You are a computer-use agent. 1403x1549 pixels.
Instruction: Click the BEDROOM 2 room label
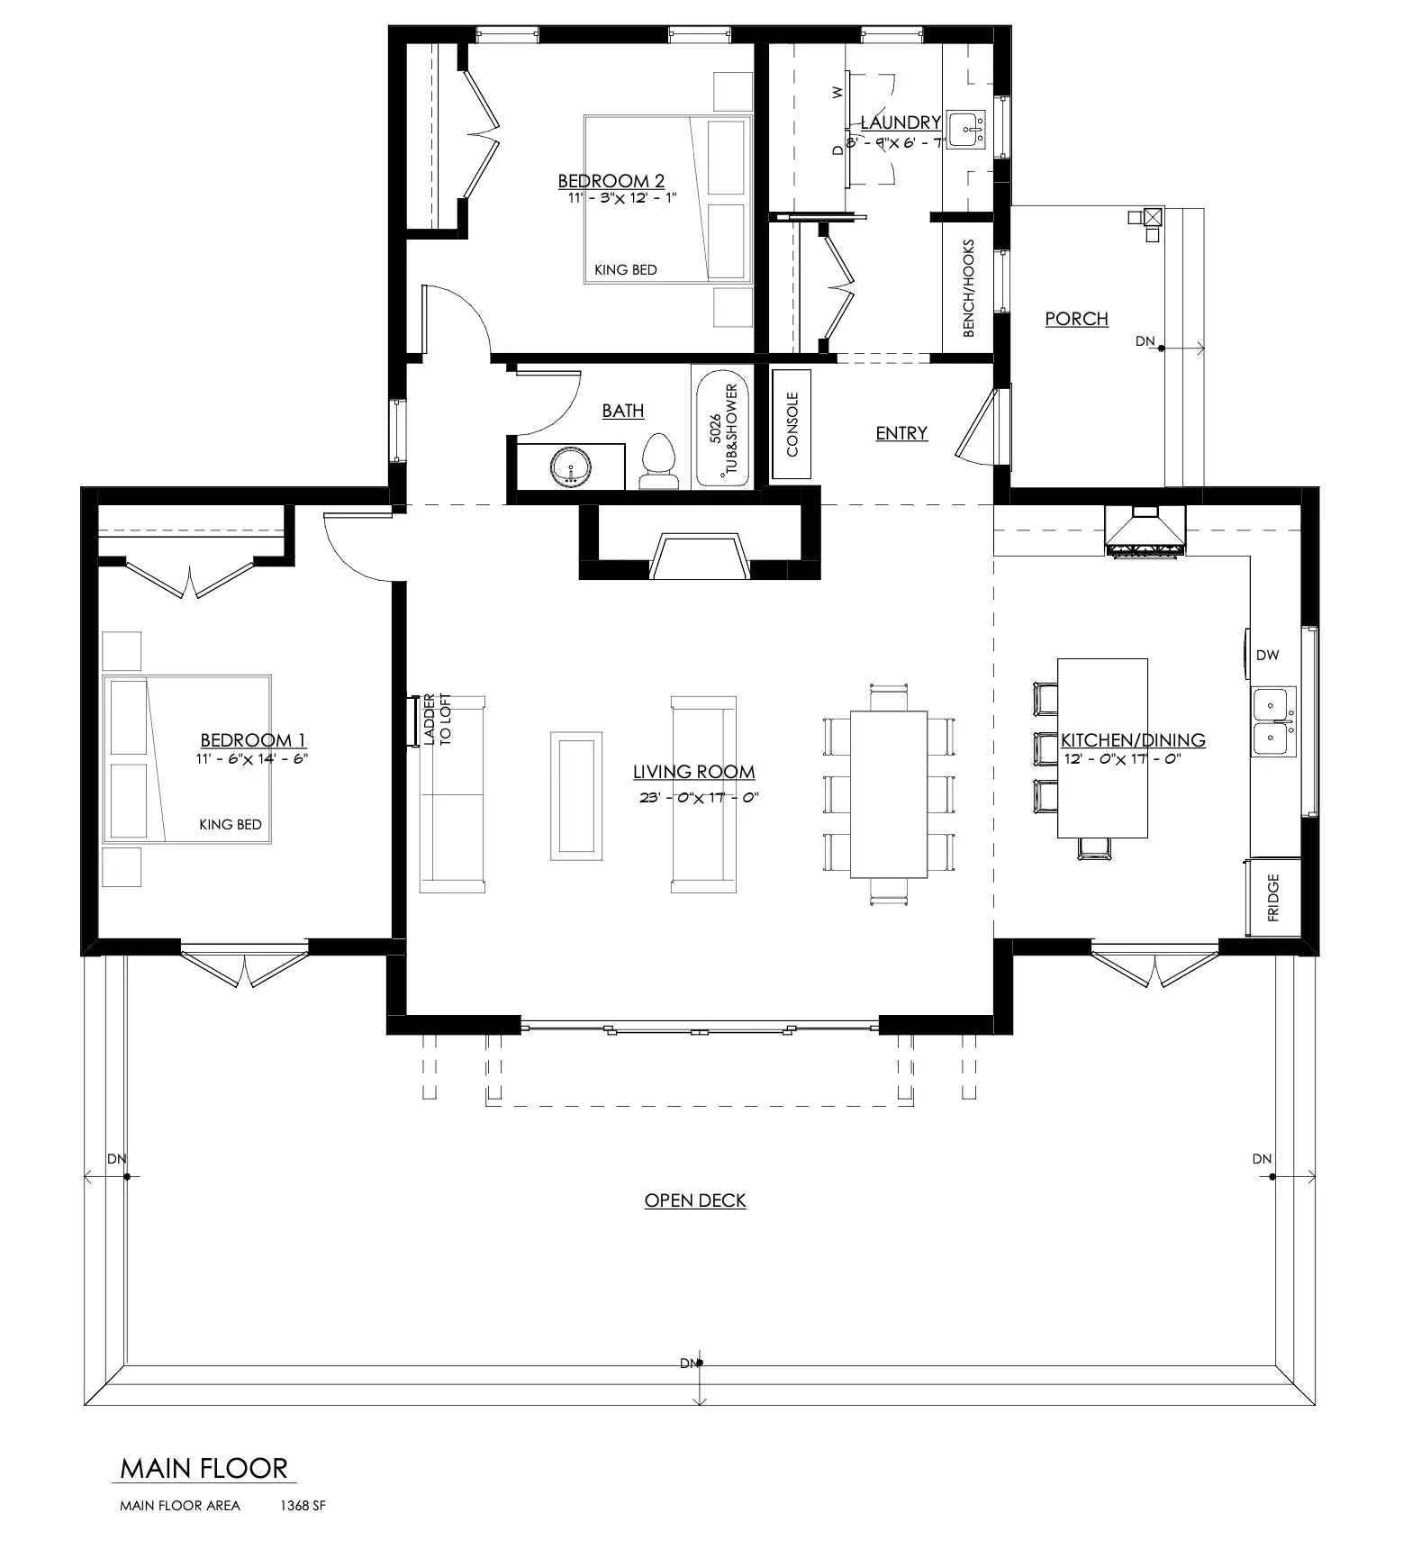[x=611, y=181]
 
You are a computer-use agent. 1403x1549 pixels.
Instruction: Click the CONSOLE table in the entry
[x=792, y=424]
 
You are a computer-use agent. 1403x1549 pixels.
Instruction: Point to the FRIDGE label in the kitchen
[x=1273, y=898]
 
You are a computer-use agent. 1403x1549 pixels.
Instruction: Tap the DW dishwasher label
[x=1267, y=656]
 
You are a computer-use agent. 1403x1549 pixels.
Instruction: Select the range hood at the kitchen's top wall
[x=1145, y=531]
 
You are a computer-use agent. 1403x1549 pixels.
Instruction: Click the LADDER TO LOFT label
[x=437, y=720]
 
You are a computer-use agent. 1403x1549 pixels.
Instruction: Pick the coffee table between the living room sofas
[x=576, y=795]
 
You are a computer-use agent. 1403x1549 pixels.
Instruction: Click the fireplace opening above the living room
[x=699, y=557]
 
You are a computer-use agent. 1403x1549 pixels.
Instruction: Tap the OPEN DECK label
[x=695, y=1200]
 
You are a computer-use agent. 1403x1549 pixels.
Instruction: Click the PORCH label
[x=1076, y=319]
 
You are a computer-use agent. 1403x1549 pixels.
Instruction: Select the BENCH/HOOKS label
[x=969, y=288]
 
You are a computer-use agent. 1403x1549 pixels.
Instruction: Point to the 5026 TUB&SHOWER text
[x=723, y=430]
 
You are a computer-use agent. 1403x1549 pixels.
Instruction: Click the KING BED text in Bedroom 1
[x=231, y=824]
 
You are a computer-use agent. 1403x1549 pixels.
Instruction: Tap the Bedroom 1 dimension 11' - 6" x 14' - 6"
[x=252, y=759]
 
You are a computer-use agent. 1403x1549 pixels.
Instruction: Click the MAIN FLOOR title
[x=204, y=1469]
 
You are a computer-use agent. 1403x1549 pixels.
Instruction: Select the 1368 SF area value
[x=303, y=1506]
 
